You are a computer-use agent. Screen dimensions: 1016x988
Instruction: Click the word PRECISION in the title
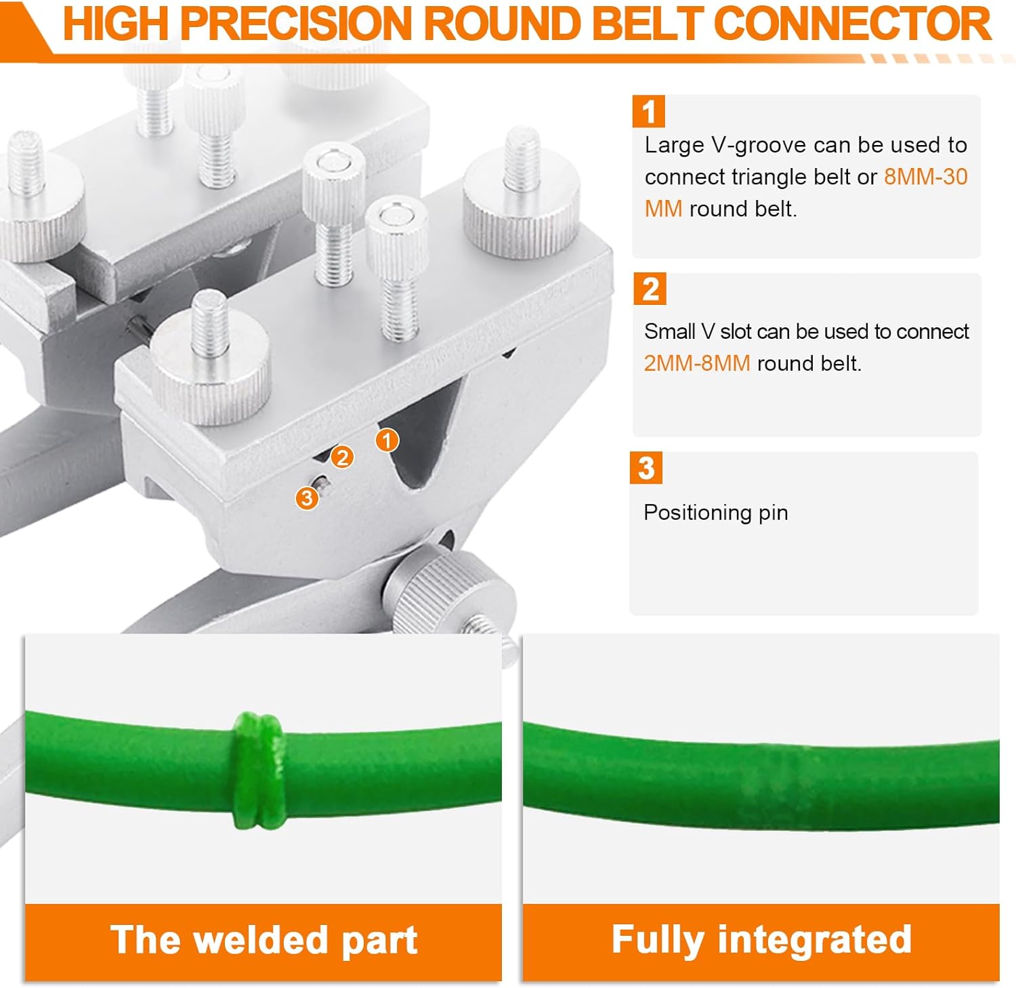tap(296, 24)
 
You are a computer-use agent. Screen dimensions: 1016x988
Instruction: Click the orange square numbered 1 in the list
tap(648, 112)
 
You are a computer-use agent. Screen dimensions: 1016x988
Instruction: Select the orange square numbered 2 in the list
tap(650, 289)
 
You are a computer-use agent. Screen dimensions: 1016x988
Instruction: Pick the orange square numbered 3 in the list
tap(646, 468)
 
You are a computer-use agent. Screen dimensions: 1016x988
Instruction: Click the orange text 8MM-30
tap(925, 177)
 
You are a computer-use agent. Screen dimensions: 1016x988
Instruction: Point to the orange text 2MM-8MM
tap(696, 364)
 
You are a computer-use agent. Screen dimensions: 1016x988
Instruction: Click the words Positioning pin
tap(715, 513)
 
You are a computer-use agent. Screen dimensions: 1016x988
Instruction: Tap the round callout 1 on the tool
tap(387, 441)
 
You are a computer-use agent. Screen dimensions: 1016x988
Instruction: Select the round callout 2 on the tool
tap(343, 457)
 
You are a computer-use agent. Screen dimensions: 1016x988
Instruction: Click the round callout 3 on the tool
tap(307, 499)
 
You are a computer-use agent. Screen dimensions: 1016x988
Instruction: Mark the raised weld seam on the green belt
tap(257, 770)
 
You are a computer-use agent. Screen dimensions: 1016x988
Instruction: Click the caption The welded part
tap(263, 941)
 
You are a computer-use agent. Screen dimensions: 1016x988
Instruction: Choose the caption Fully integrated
tap(761, 940)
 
